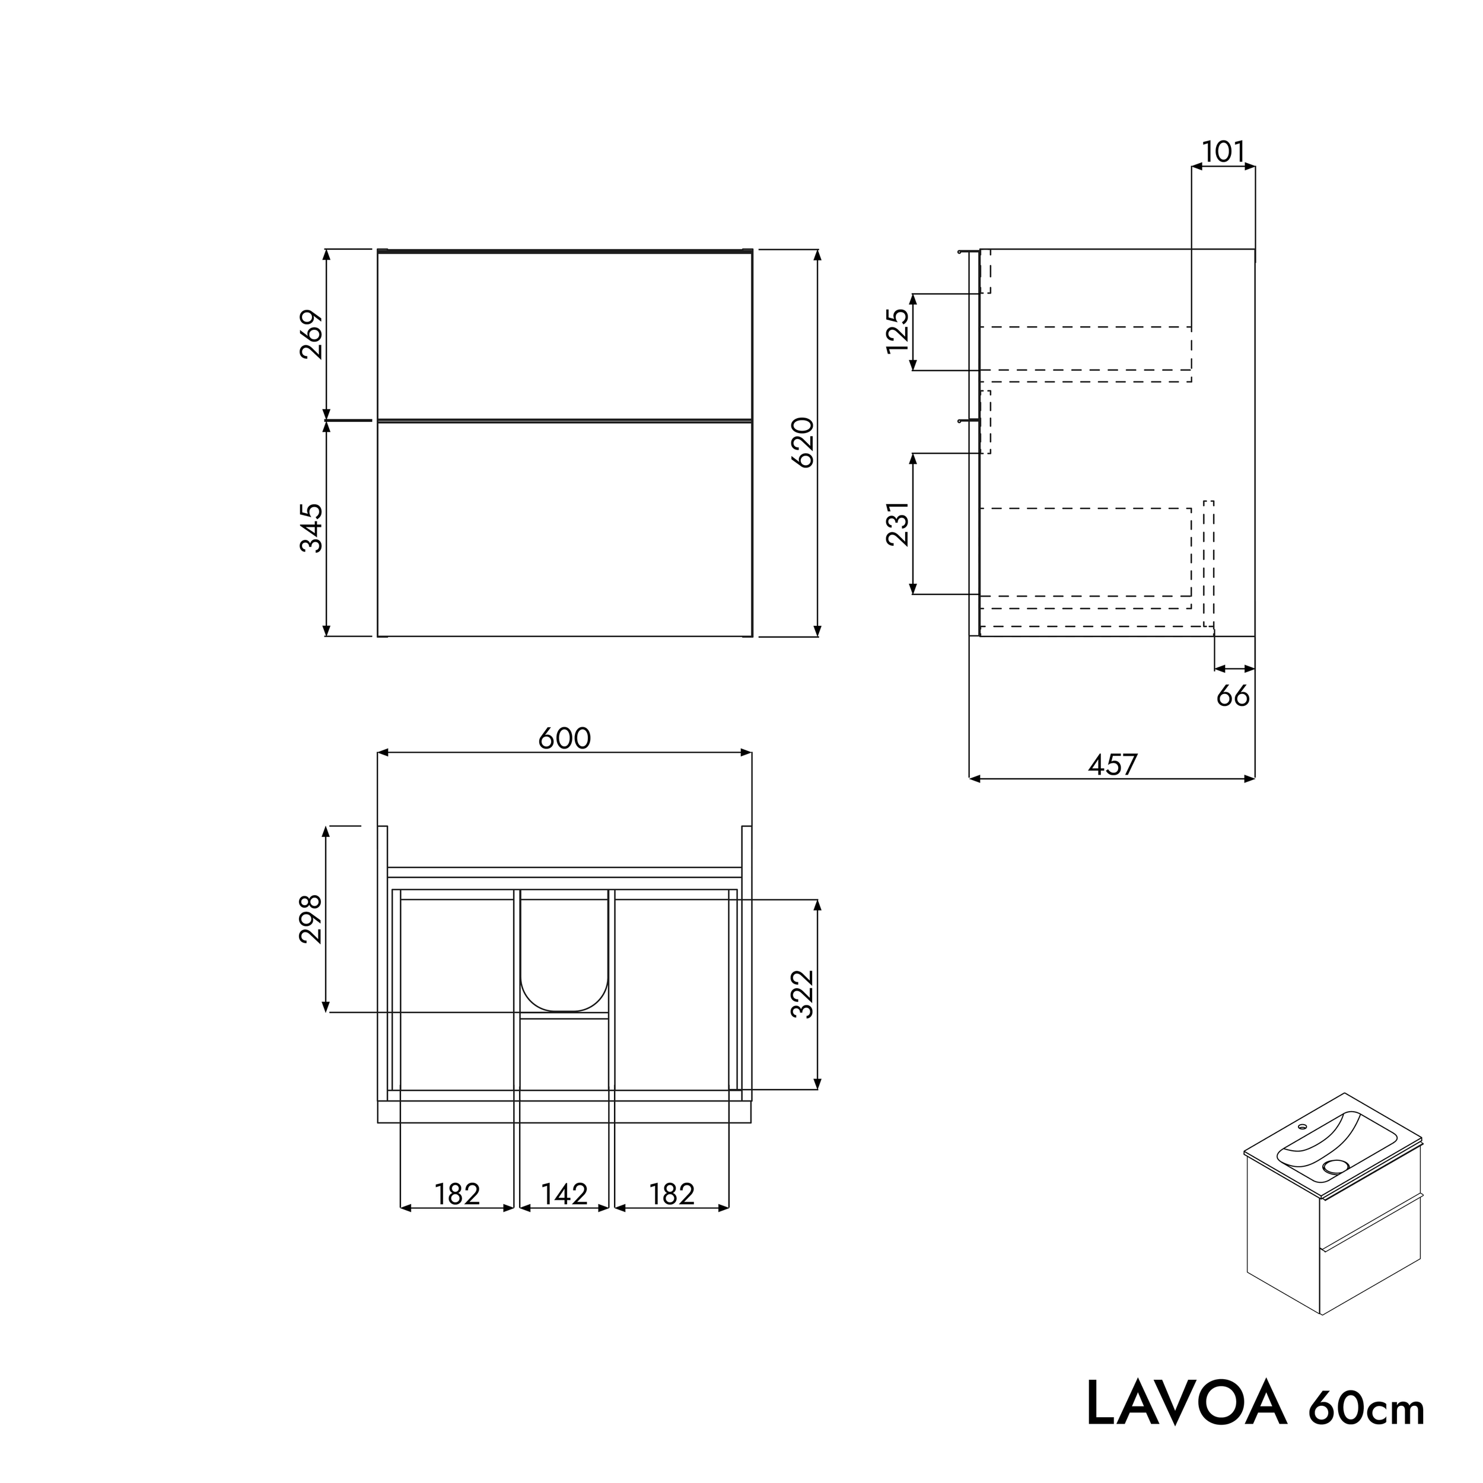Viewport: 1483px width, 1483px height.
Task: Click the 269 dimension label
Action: click(311, 335)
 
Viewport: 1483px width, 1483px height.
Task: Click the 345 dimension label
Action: click(311, 528)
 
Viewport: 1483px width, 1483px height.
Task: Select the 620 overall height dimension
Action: click(802, 443)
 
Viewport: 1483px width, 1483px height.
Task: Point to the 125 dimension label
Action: click(898, 331)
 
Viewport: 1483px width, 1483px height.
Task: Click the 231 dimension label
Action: click(898, 524)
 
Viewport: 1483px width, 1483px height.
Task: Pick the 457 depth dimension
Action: click(1112, 765)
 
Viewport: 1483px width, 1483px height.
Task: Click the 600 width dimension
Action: click(564, 739)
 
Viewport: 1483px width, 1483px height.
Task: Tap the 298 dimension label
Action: click(311, 919)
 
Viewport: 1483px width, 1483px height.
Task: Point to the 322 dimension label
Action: click(802, 994)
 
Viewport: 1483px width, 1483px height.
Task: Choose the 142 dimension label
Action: click(564, 1194)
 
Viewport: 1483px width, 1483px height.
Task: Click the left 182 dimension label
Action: click(457, 1194)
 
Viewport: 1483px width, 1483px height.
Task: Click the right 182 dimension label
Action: click(672, 1194)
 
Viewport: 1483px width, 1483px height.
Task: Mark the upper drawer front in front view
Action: click(564, 335)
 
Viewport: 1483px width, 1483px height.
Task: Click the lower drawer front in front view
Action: click(564, 528)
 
